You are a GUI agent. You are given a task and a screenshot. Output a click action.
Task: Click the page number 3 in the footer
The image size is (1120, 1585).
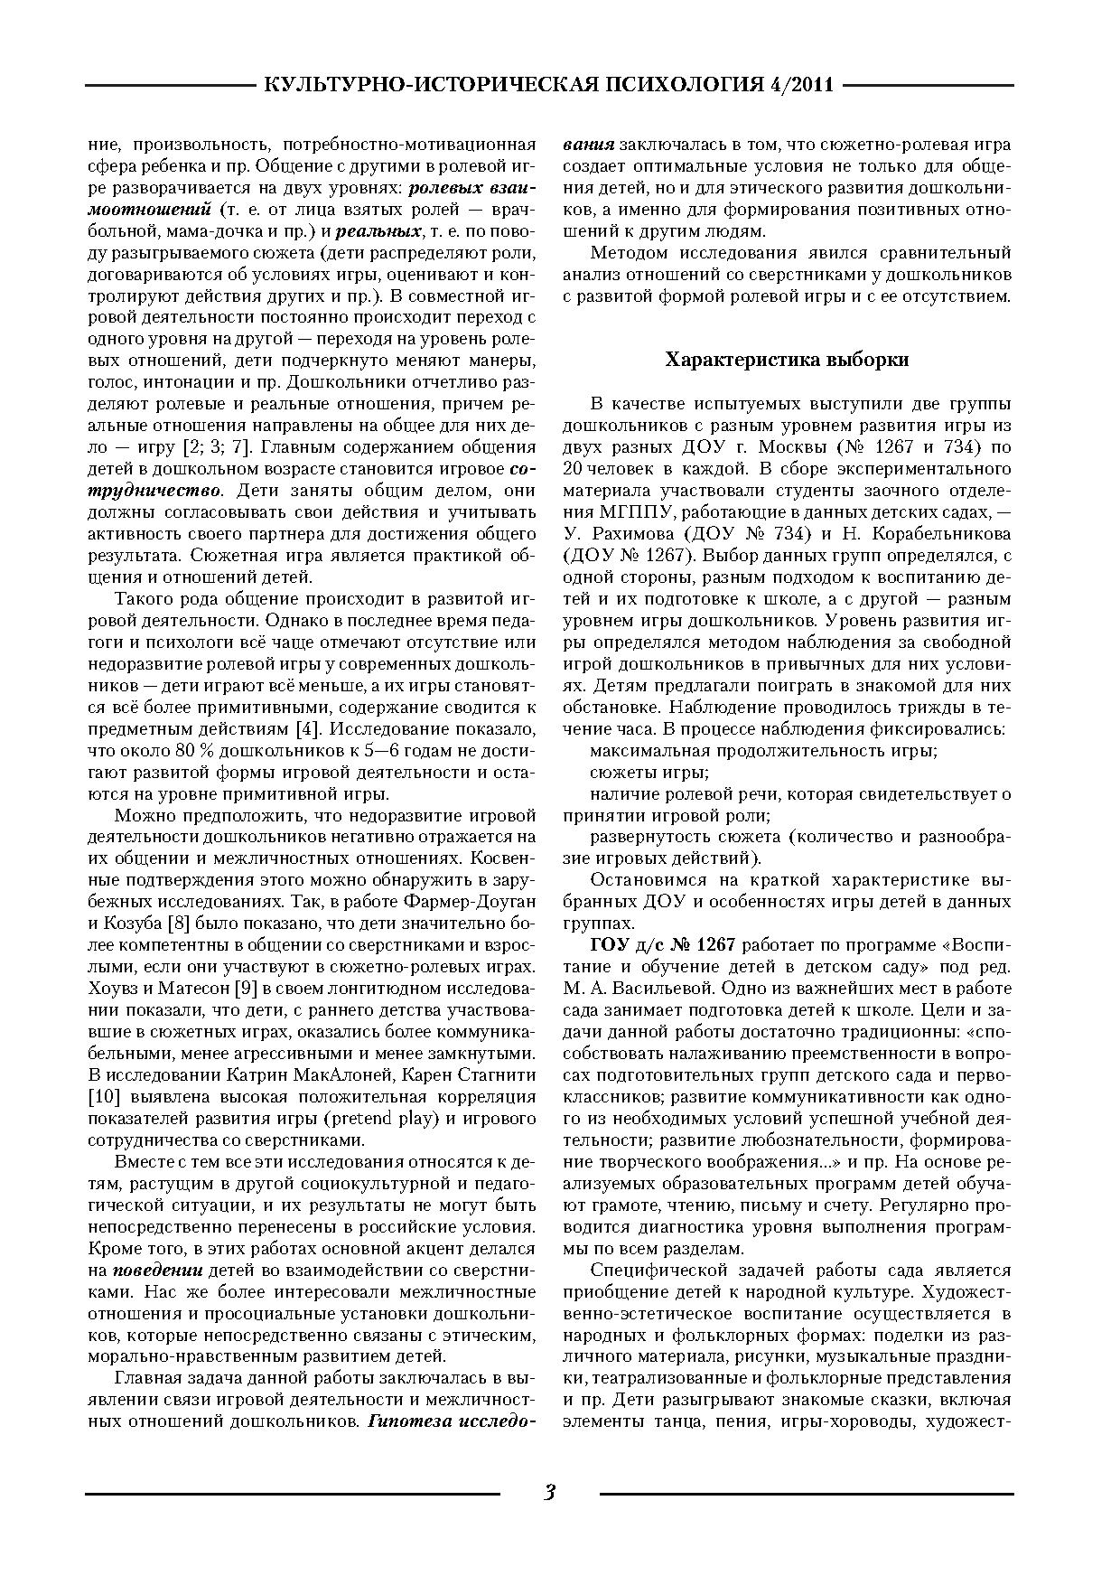click(x=549, y=1492)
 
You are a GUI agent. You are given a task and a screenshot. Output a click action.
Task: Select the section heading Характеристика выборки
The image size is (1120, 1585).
click(x=787, y=360)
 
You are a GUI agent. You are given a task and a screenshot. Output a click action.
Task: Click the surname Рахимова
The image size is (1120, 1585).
click(x=636, y=534)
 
